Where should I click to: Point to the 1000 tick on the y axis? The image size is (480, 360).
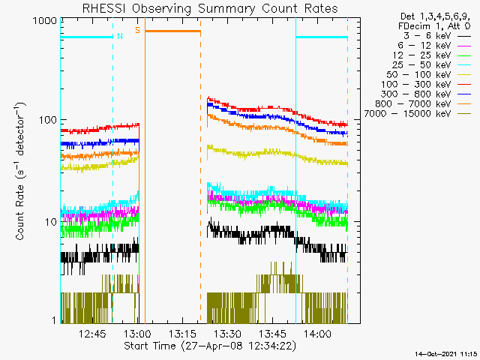44,22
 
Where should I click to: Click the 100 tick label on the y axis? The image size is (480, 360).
47,120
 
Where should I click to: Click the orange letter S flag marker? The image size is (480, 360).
137,30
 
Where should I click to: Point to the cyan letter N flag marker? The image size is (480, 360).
118,36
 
